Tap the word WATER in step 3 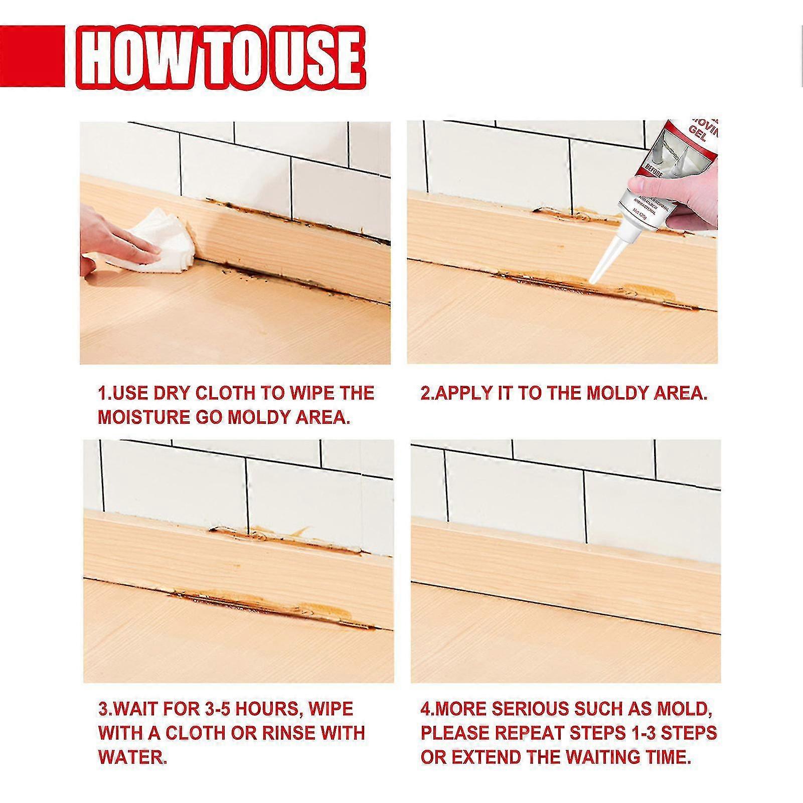tap(131, 757)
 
